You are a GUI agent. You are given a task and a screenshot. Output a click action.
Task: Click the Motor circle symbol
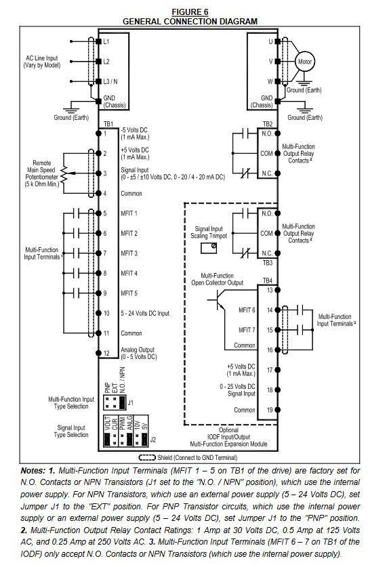point(304,62)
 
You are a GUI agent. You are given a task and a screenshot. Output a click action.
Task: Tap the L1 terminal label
point(106,41)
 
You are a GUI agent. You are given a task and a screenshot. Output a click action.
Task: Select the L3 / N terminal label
point(110,82)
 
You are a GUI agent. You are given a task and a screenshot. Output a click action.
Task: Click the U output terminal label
point(270,41)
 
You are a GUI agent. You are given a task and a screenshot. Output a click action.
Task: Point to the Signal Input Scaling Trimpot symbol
point(209,248)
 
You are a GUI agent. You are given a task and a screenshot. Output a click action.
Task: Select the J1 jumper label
point(131,402)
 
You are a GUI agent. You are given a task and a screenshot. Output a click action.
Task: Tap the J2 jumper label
point(152,440)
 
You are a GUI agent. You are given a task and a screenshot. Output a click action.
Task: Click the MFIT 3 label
point(129,253)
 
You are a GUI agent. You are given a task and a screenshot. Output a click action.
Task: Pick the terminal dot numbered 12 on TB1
point(98,353)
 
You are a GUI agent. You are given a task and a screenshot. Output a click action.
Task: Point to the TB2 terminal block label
point(268,124)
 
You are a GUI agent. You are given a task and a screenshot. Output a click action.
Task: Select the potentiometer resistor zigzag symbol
point(64,174)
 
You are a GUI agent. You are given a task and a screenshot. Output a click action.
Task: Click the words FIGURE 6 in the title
point(190,12)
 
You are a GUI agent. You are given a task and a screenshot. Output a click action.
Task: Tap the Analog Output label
point(138,350)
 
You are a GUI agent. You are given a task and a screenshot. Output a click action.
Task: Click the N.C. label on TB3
point(267,253)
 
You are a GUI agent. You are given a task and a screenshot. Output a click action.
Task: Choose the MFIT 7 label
point(247,330)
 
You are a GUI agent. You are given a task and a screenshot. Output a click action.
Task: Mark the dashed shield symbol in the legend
point(147,458)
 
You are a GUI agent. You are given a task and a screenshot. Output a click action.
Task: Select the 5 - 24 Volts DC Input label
point(145,314)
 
